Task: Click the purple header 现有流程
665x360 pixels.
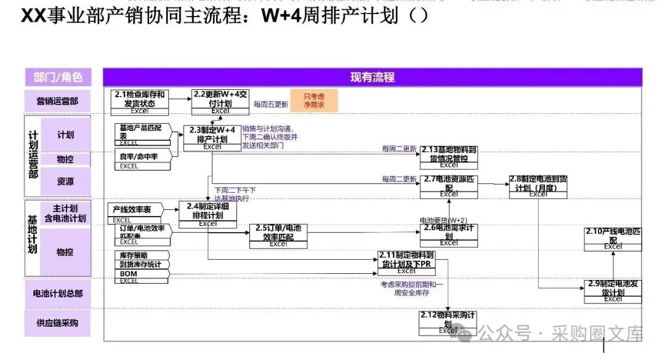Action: pos(372,77)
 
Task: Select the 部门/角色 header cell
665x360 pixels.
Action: pos(58,77)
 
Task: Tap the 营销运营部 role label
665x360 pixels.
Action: pos(58,101)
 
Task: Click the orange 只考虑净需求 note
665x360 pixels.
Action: pos(314,101)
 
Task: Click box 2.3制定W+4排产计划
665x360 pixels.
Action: pos(212,137)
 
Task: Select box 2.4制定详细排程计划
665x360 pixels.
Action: pos(208,212)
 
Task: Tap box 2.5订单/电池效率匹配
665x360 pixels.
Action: pos(278,234)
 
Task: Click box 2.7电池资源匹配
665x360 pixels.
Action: pos(449,186)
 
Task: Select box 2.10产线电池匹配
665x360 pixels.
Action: pos(613,238)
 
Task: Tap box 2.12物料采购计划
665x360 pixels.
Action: pos(448,322)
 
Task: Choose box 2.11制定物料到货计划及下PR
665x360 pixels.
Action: pos(406,262)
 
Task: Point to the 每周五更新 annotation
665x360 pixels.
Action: pos(271,105)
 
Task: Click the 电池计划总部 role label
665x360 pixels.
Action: pos(58,294)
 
